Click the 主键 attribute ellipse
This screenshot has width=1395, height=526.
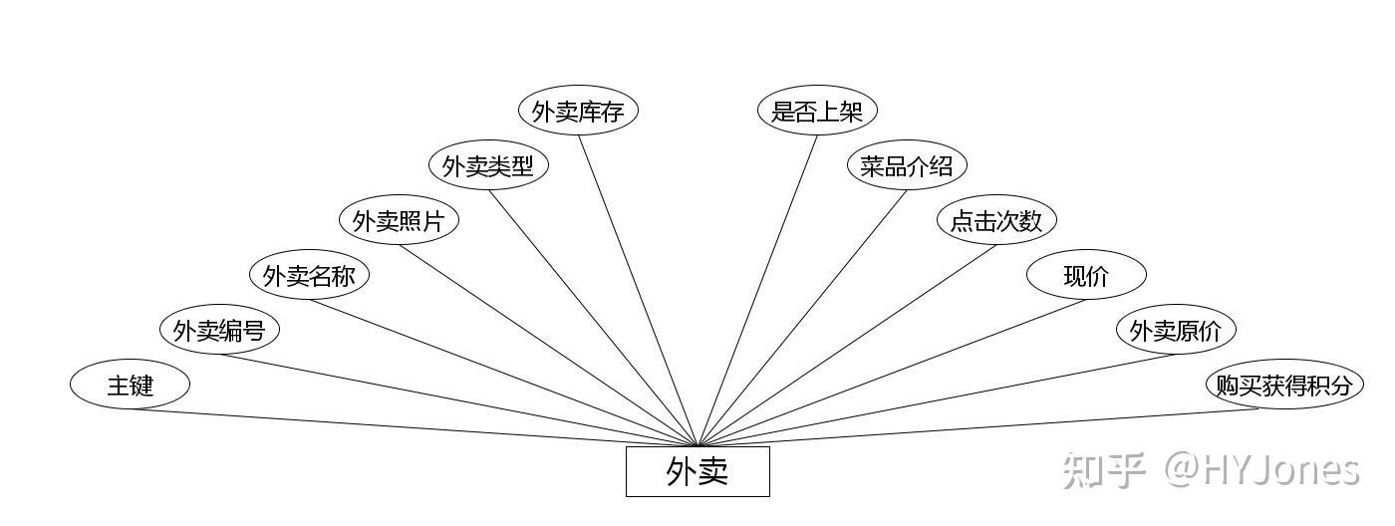(x=130, y=385)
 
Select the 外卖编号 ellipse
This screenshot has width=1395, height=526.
(x=219, y=330)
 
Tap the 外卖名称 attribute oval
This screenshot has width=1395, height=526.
(x=309, y=276)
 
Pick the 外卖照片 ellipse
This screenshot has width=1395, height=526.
(x=399, y=221)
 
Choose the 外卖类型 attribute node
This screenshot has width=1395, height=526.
(x=488, y=166)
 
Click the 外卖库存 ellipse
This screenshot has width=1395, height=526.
(x=578, y=112)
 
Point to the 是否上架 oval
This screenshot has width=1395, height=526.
(x=817, y=112)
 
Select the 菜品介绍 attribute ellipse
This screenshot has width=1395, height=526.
(x=907, y=166)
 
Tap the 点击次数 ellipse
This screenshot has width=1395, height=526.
(x=996, y=221)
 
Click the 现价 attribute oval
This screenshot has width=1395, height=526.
(x=1086, y=276)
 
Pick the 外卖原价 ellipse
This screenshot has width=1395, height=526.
(x=1176, y=330)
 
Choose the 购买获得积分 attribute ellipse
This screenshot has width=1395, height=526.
(x=1284, y=385)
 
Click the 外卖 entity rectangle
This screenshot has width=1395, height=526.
(x=697, y=471)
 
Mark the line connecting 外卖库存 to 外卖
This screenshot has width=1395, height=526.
(x=638, y=290)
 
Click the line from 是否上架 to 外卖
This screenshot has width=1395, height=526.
(x=757, y=290)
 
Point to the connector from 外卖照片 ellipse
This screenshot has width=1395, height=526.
(x=548, y=346)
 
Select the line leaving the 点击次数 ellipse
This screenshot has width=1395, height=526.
(x=847, y=346)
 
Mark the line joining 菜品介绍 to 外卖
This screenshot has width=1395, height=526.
(x=802, y=318)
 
